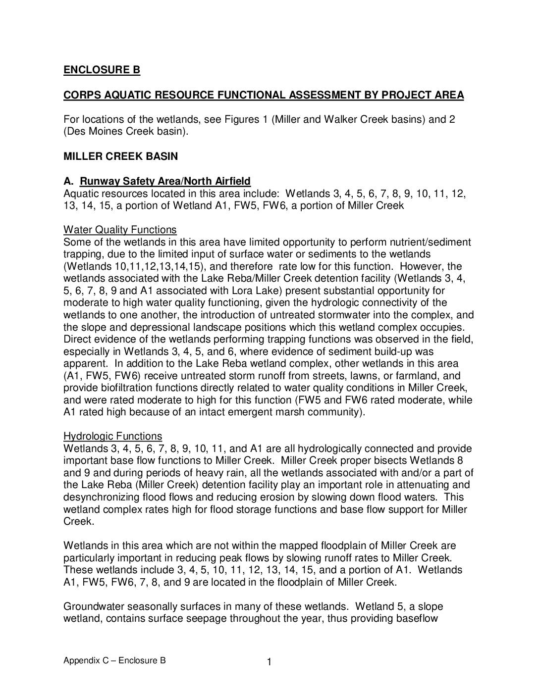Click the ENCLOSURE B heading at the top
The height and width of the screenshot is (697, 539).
pos(102,70)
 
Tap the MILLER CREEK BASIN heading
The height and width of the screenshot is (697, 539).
pos(120,156)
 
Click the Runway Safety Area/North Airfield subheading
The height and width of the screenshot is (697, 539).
pos(165,181)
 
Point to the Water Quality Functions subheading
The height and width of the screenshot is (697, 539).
pos(120,230)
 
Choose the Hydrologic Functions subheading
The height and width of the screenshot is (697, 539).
pos(112,436)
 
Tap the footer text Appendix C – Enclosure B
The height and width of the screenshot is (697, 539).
pos(114,660)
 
